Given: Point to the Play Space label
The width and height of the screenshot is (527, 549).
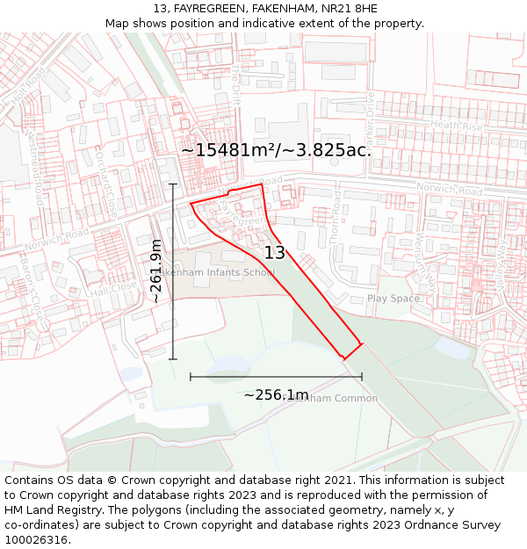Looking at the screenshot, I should [x=393, y=299].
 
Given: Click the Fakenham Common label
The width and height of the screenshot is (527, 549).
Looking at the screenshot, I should [x=334, y=399].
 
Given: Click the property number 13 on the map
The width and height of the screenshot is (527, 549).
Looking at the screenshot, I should [x=274, y=253].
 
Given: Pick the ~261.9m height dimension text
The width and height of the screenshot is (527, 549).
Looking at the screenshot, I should [x=155, y=271].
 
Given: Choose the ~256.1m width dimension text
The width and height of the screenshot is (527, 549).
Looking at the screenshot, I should [x=276, y=395].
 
